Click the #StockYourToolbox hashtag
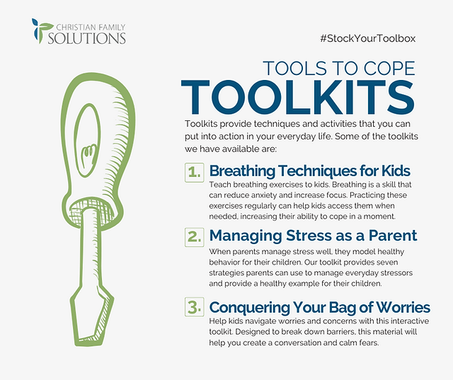click(x=368, y=38)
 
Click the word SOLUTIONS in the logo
click(x=86, y=38)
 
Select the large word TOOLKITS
click(x=298, y=98)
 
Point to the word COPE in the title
click(x=389, y=69)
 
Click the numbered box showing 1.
click(x=195, y=173)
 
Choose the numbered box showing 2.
click(x=195, y=237)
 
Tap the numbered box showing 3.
click(x=195, y=307)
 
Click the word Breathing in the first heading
click(x=242, y=171)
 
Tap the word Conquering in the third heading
click(x=249, y=308)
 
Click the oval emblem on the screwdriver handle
click(x=87, y=140)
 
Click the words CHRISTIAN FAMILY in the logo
click(x=91, y=27)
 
